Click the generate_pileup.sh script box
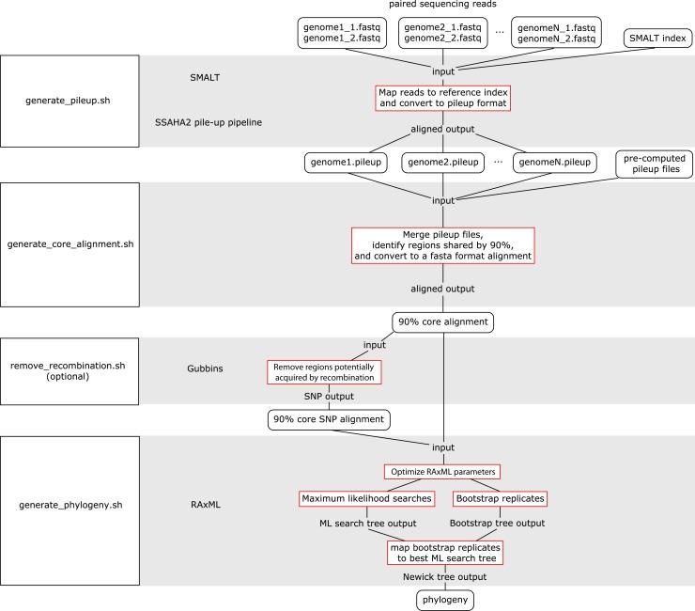70,101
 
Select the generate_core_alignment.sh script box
70,244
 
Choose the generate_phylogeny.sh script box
70,506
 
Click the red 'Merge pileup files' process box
442,244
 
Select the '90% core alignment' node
442,321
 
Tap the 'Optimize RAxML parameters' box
442,470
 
